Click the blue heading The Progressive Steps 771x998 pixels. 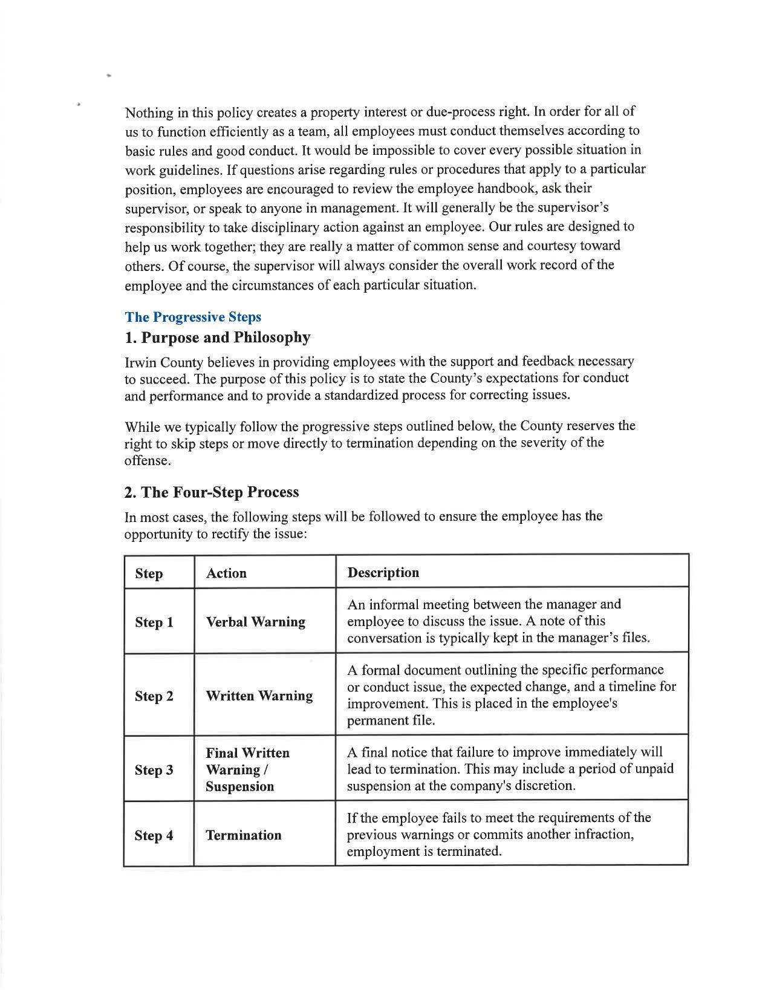point(193,317)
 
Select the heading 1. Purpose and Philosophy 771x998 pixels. point(217,338)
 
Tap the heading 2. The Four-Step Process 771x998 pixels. point(211,492)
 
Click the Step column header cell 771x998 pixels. point(149,573)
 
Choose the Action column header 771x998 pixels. point(226,573)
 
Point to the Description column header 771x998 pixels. point(383,573)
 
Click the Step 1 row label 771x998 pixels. point(154,622)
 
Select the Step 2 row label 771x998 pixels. point(154,696)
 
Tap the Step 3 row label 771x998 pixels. point(154,770)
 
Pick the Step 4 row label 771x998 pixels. point(154,835)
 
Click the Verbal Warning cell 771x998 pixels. point(255,622)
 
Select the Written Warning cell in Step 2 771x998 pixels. point(259,696)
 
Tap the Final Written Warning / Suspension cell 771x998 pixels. point(247,769)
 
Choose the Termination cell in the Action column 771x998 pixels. point(243,835)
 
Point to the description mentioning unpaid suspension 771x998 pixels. point(510,769)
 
